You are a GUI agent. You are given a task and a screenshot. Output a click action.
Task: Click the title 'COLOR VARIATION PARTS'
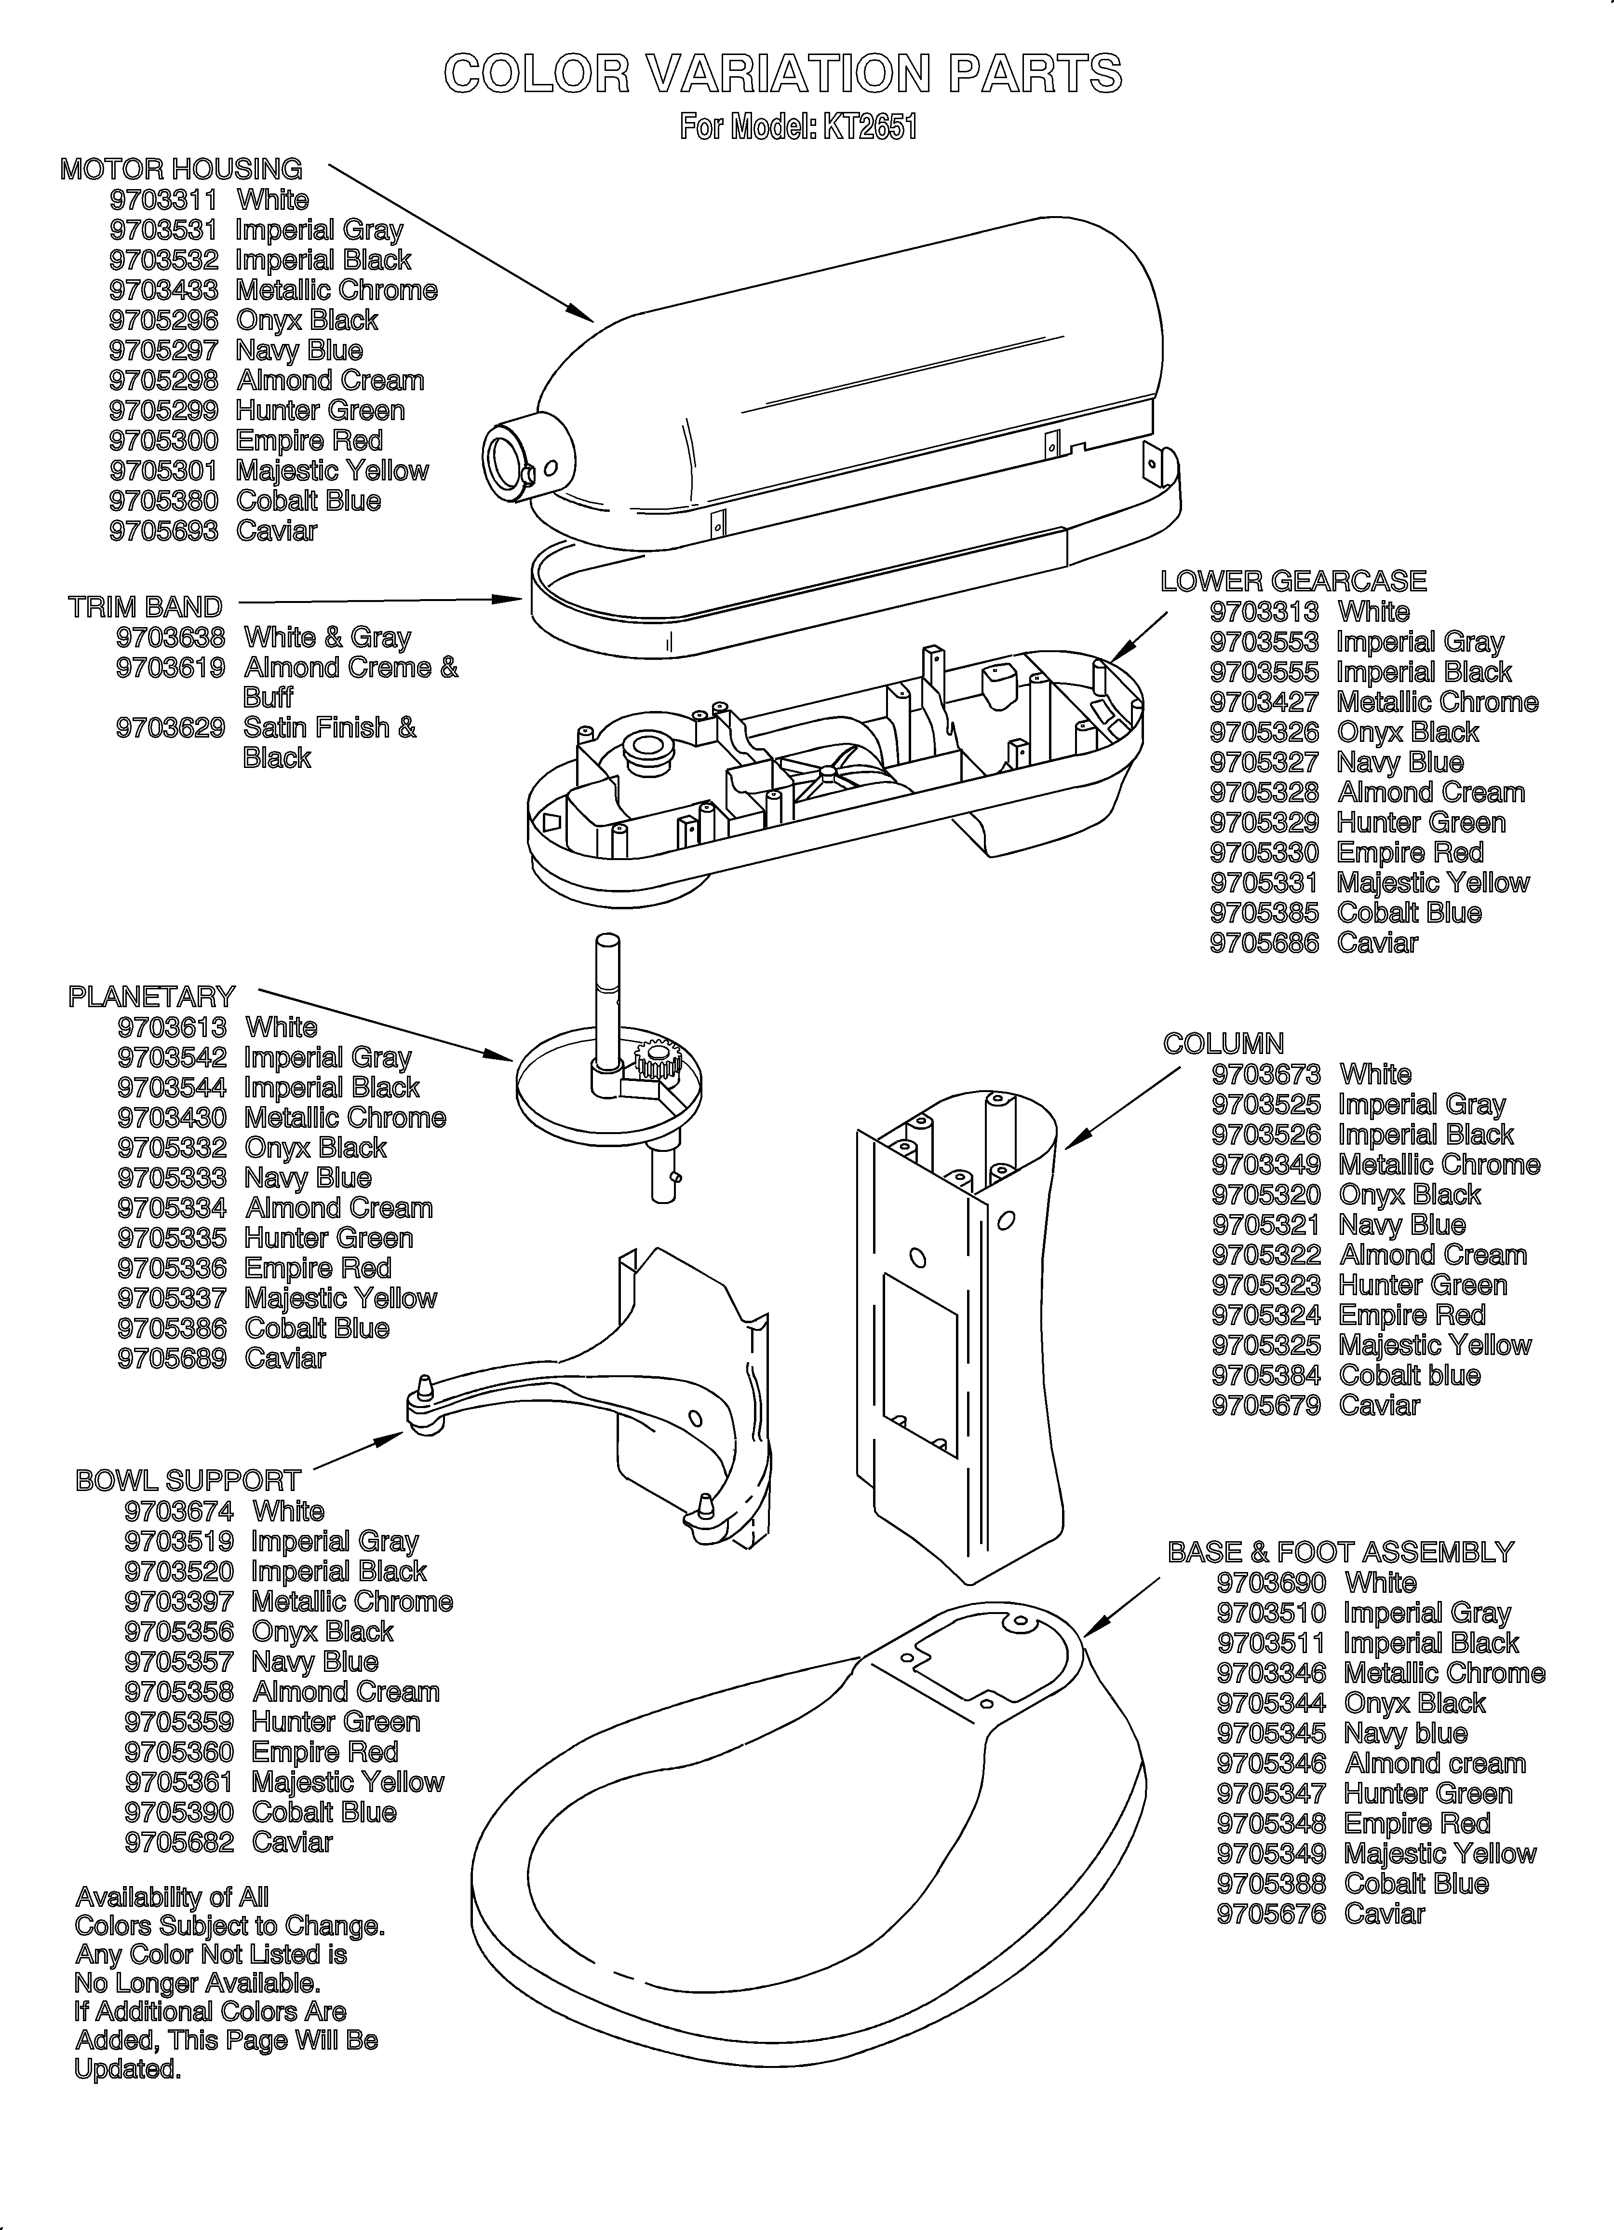coord(782,74)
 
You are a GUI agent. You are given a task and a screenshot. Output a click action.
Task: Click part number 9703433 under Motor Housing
coord(163,290)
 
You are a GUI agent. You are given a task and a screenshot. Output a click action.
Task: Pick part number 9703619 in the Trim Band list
coord(170,668)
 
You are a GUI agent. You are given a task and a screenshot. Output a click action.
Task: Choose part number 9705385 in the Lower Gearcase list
coord(1264,913)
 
